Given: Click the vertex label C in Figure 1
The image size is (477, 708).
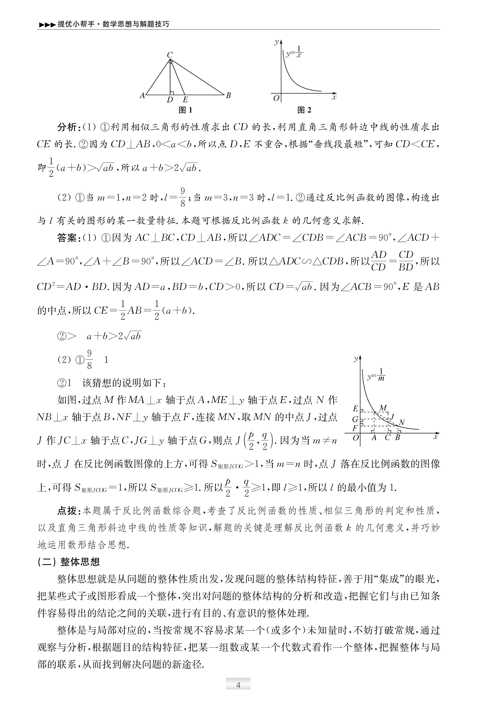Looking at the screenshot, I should click(170, 55).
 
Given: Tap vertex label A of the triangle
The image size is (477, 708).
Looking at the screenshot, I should click(142, 96).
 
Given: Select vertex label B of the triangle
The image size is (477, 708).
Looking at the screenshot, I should click(228, 95).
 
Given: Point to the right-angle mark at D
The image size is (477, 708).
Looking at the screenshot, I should click(172, 93).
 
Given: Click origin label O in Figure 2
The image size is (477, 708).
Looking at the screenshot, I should click(276, 98).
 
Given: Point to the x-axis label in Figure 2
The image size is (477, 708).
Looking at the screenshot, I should click(334, 97).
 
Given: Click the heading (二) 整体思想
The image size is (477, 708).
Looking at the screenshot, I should click(69, 562).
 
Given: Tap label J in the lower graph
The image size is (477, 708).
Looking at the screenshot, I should click(392, 417).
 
